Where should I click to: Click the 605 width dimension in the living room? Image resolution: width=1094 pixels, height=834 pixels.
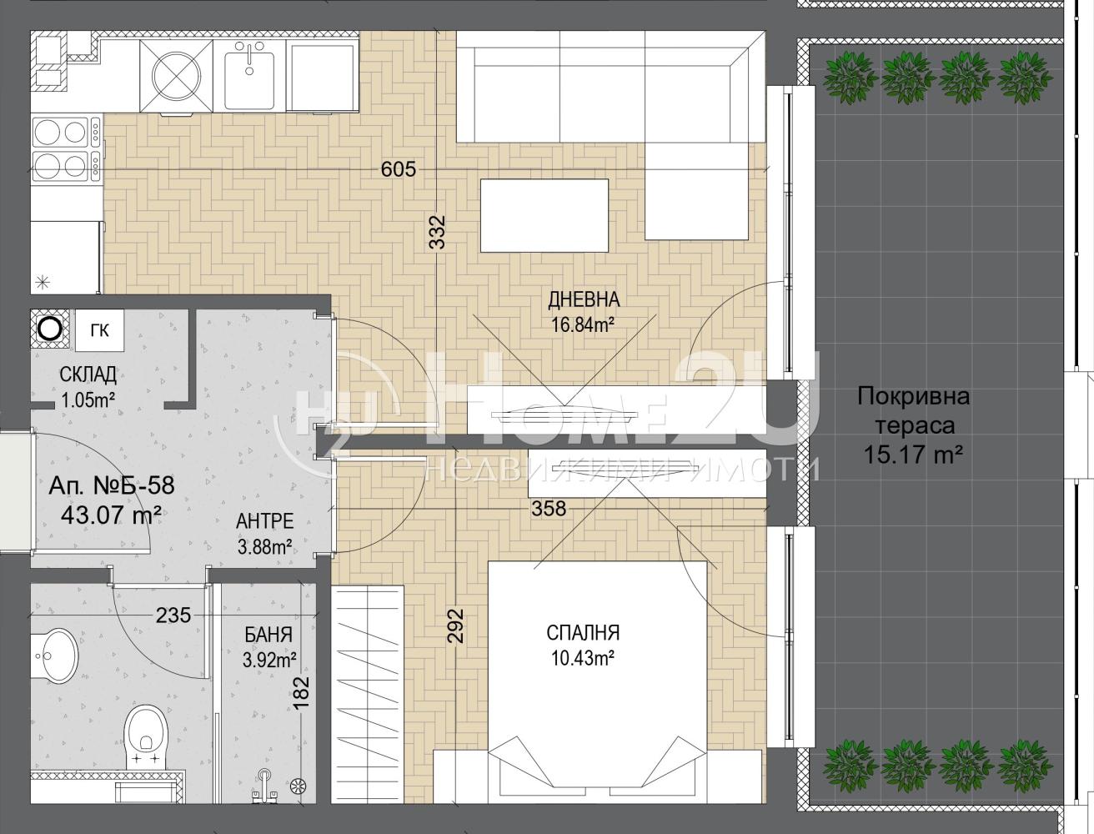pyautogui.click(x=399, y=169)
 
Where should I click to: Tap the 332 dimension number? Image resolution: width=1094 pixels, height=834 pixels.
pyautogui.click(x=437, y=233)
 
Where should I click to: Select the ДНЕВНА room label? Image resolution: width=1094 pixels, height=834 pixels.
pyautogui.click(x=585, y=299)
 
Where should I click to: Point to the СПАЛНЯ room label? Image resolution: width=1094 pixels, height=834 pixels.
pyautogui.click(x=583, y=633)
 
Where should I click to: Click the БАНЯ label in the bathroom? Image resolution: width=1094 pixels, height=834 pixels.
pyautogui.click(x=268, y=635)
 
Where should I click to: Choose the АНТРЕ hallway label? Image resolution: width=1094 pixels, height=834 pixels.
pyautogui.click(x=264, y=521)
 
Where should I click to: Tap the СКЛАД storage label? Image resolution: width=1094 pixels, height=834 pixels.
pyautogui.click(x=88, y=374)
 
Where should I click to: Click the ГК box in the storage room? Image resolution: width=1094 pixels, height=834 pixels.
pyautogui.click(x=100, y=330)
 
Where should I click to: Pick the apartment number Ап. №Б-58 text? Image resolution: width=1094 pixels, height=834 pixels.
pyautogui.click(x=112, y=485)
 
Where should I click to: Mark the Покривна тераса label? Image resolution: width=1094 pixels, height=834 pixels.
pyautogui.click(x=914, y=411)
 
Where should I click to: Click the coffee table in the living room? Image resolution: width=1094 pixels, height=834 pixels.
pyautogui.click(x=544, y=215)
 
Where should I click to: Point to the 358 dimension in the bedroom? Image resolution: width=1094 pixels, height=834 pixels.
pyautogui.click(x=549, y=509)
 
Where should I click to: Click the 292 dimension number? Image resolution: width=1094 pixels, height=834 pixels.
pyautogui.click(x=456, y=625)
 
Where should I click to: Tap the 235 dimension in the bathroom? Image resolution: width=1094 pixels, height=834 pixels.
pyautogui.click(x=173, y=615)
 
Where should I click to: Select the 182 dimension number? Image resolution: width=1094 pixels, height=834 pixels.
pyautogui.click(x=302, y=692)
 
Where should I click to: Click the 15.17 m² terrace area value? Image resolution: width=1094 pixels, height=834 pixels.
pyautogui.click(x=913, y=455)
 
